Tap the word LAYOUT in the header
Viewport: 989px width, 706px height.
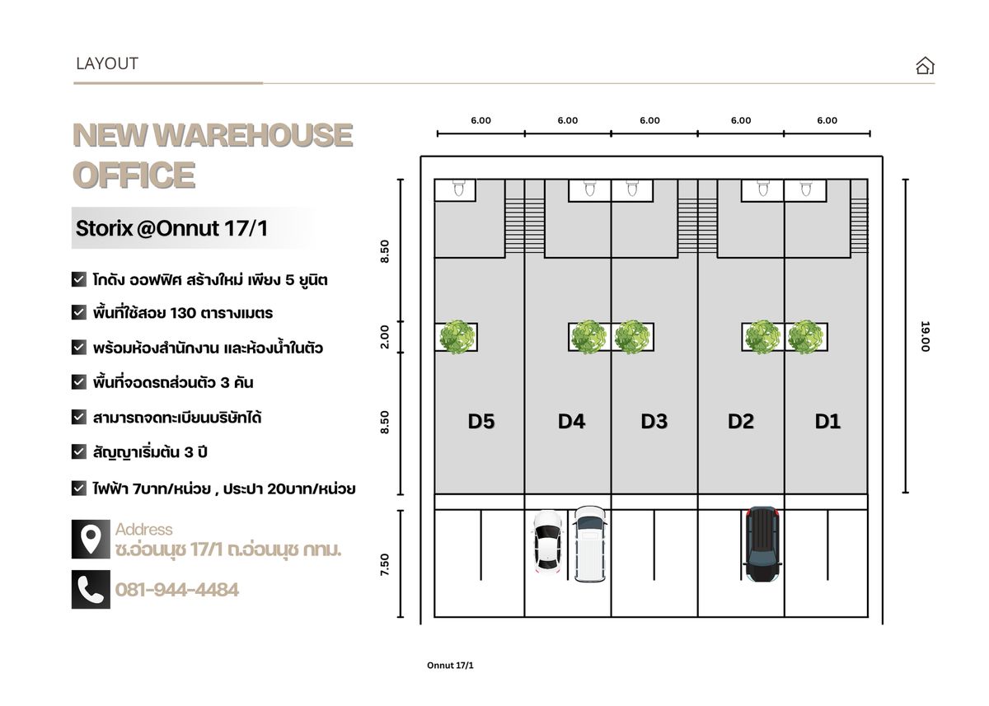(x=107, y=64)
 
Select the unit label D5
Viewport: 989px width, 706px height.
(x=481, y=422)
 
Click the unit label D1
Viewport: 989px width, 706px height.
(x=827, y=422)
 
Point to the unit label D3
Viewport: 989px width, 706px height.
(x=654, y=422)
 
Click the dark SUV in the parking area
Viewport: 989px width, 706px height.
(x=762, y=544)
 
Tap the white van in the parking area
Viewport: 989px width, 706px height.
(x=589, y=544)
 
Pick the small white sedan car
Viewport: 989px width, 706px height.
(x=548, y=542)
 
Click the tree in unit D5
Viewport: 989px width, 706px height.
(x=457, y=337)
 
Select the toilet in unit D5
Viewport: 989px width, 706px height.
(x=459, y=188)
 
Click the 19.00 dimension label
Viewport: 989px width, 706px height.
(x=925, y=336)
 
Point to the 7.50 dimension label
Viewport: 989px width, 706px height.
(x=385, y=564)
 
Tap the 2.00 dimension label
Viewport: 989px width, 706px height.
(x=385, y=337)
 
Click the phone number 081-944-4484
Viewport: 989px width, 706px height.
(x=177, y=590)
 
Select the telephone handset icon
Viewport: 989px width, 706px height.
(x=91, y=590)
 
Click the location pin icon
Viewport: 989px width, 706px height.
(x=91, y=540)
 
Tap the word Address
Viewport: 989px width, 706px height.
(x=144, y=530)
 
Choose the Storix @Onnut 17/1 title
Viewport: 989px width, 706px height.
(x=171, y=228)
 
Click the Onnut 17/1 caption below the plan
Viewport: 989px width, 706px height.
(x=450, y=666)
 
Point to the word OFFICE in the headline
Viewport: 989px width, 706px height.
(x=134, y=175)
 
